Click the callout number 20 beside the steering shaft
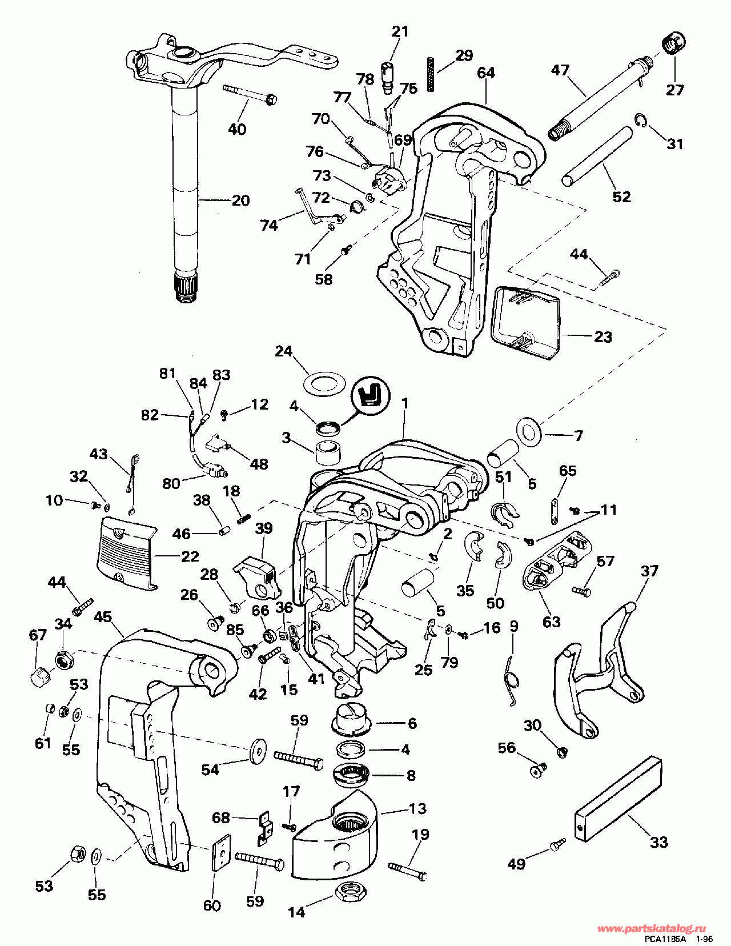coord(240,201)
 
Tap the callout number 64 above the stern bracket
coord(485,73)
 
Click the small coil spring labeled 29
coord(432,74)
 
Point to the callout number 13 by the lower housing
coord(418,808)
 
